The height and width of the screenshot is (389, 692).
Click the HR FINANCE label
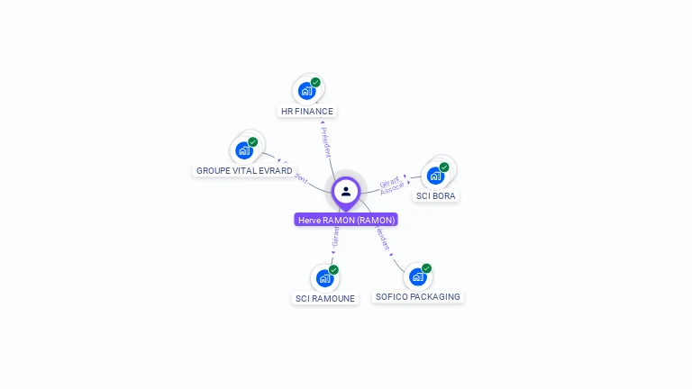click(307, 112)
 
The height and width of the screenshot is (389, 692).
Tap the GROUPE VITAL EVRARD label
click(244, 170)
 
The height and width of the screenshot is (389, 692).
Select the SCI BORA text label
click(436, 195)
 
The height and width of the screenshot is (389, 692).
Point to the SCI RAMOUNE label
click(325, 298)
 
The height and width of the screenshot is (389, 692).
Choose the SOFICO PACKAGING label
click(417, 296)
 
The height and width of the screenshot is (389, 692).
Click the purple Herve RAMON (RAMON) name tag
click(346, 220)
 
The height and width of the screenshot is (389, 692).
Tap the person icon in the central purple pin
click(346, 191)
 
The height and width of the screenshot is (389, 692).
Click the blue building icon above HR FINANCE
click(306, 91)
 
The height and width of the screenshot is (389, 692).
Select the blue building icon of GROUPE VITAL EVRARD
click(243, 150)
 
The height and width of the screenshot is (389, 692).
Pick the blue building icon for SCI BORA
click(435, 175)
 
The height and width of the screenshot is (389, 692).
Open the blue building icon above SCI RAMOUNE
click(324, 278)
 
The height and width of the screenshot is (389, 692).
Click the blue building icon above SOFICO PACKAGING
click(417, 276)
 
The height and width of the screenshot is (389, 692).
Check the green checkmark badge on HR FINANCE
click(315, 83)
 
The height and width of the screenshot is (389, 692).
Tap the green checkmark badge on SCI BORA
click(444, 167)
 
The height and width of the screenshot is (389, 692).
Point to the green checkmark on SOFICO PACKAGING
click(426, 268)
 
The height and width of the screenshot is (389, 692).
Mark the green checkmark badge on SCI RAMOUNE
click(333, 270)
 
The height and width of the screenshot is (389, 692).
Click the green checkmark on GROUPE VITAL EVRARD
click(252, 142)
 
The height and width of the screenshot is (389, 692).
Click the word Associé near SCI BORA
click(393, 189)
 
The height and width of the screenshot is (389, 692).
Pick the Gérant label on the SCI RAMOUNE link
click(335, 237)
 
